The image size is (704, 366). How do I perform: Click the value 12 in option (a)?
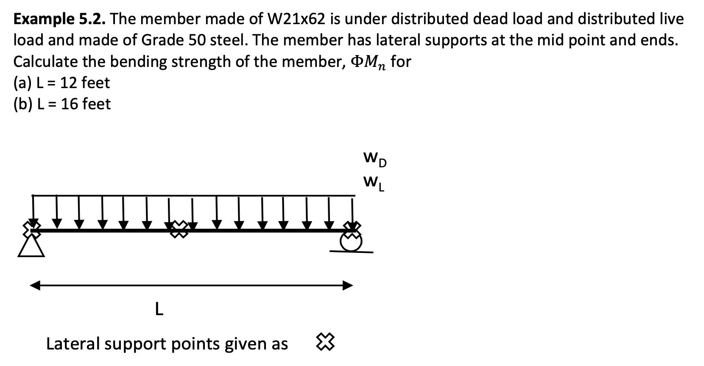coord(67,83)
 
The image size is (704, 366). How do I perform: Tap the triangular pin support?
coord(31,246)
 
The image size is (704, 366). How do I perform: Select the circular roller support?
coord(352,242)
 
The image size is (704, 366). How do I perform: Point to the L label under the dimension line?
coord(159,309)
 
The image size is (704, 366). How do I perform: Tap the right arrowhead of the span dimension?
coord(348,286)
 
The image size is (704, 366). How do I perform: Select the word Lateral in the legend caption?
coord(73,344)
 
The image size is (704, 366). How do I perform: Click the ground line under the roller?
coord(352,252)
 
